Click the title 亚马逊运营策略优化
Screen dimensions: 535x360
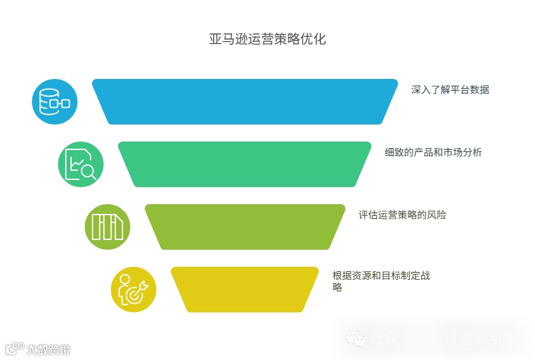click(x=267, y=39)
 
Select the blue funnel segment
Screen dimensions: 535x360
click(x=244, y=101)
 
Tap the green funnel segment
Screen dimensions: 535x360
click(x=244, y=164)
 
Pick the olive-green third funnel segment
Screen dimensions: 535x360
click(x=244, y=226)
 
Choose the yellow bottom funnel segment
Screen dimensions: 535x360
click(x=244, y=289)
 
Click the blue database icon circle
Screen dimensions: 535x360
click(x=55, y=101)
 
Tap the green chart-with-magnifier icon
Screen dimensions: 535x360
click(x=81, y=164)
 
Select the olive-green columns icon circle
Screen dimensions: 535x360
click(x=108, y=226)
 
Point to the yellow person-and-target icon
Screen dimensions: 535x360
click(x=134, y=289)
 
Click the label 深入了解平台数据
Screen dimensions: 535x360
click(x=450, y=90)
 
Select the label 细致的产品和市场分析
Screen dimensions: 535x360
click(x=433, y=153)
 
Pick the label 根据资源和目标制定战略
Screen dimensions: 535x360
click(x=381, y=276)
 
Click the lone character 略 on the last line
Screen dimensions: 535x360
click(x=337, y=288)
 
